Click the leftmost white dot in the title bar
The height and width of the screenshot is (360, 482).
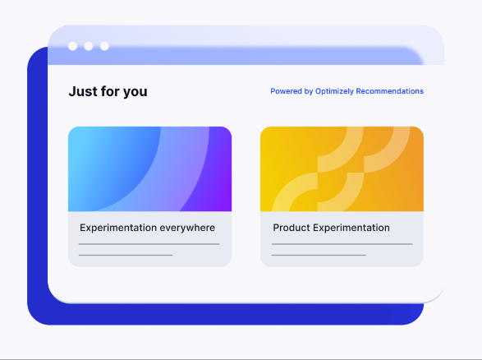point(73,46)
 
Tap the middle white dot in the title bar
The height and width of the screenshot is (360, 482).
point(89,46)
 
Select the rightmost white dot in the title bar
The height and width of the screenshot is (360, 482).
point(104,46)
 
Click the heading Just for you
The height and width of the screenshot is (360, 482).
point(108,91)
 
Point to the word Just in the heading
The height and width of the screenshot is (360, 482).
point(82,91)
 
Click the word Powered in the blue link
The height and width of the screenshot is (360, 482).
point(286,91)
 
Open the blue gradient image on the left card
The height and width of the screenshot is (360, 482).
point(149,168)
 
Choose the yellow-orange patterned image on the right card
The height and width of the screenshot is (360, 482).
point(342,168)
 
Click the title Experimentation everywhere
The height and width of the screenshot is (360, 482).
point(147,228)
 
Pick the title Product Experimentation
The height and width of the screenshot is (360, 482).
point(331,228)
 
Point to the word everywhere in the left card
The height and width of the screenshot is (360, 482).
point(188,228)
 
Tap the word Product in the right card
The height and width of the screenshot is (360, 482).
point(291,228)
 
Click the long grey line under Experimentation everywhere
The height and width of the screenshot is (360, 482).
point(149,244)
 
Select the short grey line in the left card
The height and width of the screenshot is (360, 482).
point(126,255)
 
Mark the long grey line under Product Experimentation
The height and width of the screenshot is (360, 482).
point(342,244)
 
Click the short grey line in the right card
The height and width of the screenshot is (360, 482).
point(319,255)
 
